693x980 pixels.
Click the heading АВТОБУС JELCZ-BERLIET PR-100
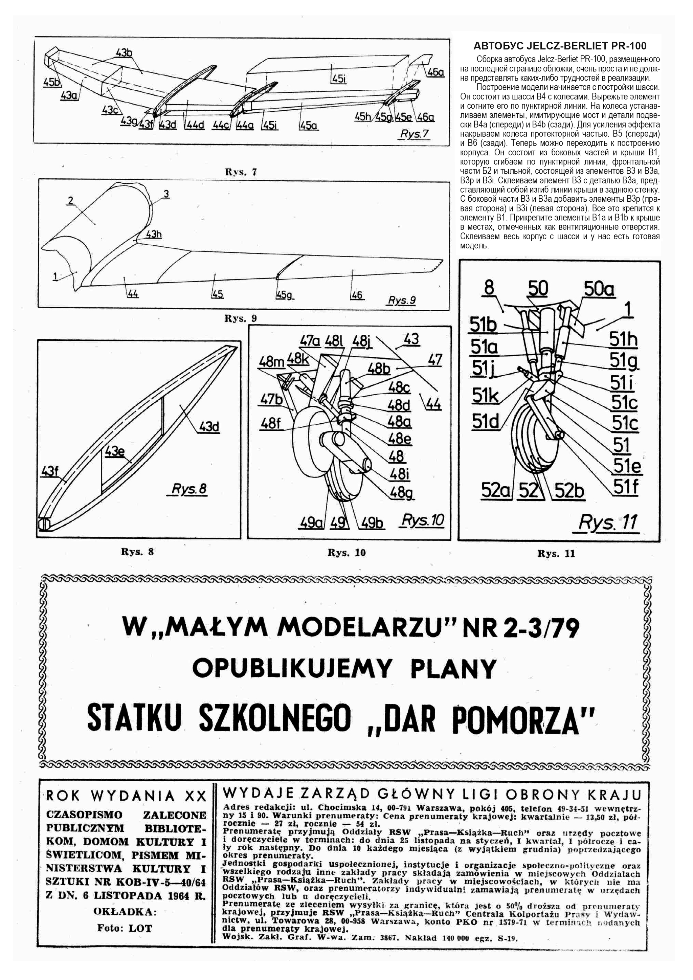(x=560, y=46)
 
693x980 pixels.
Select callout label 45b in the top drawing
(x=51, y=82)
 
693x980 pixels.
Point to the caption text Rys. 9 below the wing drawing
(x=241, y=318)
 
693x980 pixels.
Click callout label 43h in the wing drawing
(x=154, y=234)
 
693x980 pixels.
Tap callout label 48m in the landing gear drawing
(x=271, y=362)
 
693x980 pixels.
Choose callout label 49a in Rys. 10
(x=310, y=522)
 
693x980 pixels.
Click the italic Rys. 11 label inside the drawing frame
(x=608, y=522)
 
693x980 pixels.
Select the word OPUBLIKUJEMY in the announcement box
(x=291, y=669)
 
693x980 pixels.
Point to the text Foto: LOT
(x=125, y=928)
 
